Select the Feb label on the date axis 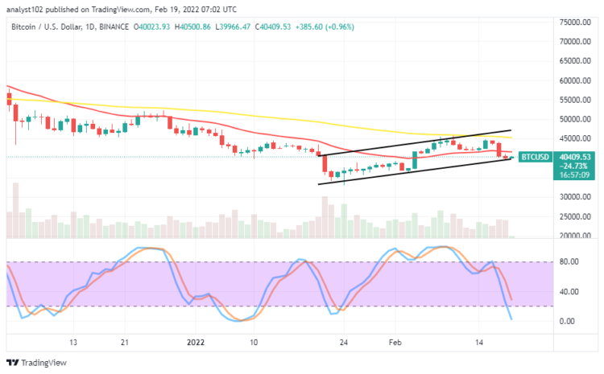(x=396, y=341)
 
